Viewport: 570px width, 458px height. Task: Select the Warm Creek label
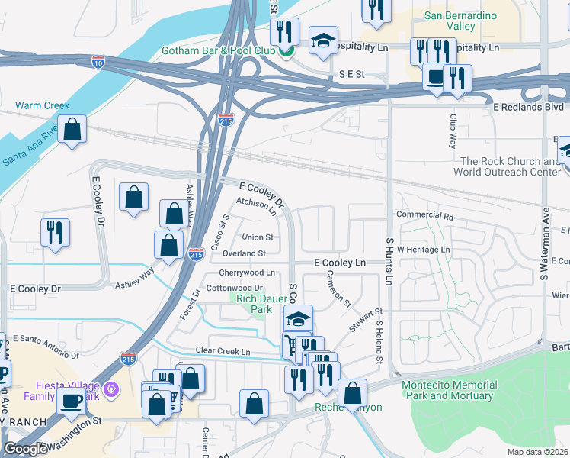coord(42,105)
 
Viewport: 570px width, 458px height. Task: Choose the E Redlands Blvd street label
coord(528,108)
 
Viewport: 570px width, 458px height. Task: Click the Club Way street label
coord(453,131)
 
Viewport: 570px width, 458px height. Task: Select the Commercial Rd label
coord(424,216)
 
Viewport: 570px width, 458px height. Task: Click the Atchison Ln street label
coord(255,204)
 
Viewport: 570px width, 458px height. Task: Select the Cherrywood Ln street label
coord(246,273)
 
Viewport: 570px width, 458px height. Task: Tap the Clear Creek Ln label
coord(223,351)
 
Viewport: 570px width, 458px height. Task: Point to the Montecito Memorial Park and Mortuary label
coord(450,391)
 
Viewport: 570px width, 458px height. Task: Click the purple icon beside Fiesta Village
coord(112,389)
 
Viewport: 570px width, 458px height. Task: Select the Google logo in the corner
coord(25,449)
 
